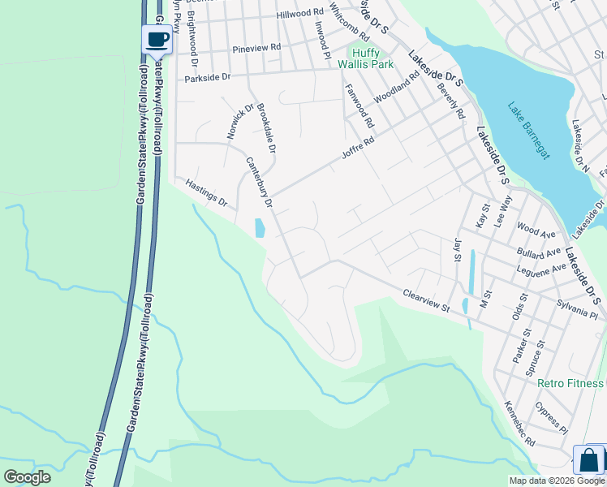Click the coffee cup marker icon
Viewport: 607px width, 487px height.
coord(157,39)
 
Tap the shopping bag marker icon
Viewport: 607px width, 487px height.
coord(589,460)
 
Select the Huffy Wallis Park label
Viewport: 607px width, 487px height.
coord(365,58)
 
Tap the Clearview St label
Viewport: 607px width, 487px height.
coord(426,301)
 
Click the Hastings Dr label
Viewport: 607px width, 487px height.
coord(207,193)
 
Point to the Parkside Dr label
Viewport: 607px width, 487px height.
coord(208,78)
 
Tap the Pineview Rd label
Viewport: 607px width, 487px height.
coord(256,48)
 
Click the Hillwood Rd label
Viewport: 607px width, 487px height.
coord(299,14)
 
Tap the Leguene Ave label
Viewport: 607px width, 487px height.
coord(541,269)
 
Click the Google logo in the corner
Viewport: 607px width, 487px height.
coord(27,477)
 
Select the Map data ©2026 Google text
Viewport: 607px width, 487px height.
coord(557,481)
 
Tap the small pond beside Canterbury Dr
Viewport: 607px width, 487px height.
coord(260,228)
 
